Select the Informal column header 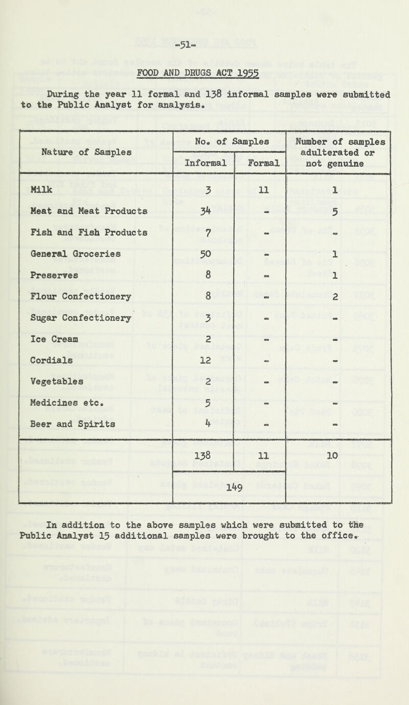[x=203, y=165]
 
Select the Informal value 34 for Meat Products [x=203, y=211]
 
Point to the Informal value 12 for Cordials [x=203, y=358]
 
